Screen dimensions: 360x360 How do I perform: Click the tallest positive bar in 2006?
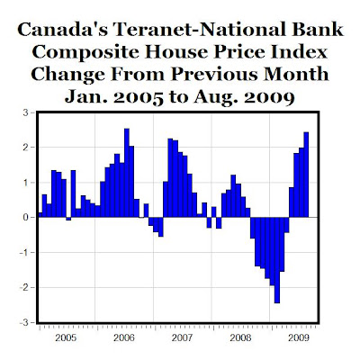click(127, 173)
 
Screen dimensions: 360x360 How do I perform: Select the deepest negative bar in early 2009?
click(277, 260)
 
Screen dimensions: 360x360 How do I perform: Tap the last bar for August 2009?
click(306, 175)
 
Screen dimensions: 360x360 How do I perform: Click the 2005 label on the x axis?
click(66, 338)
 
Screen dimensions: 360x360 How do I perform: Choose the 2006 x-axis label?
click(124, 338)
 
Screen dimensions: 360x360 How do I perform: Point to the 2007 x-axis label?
click(183, 338)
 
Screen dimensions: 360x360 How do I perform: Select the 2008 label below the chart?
click(240, 338)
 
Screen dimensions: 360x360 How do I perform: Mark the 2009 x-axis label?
click(299, 338)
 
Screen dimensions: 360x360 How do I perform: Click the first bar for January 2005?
click(40, 215)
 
